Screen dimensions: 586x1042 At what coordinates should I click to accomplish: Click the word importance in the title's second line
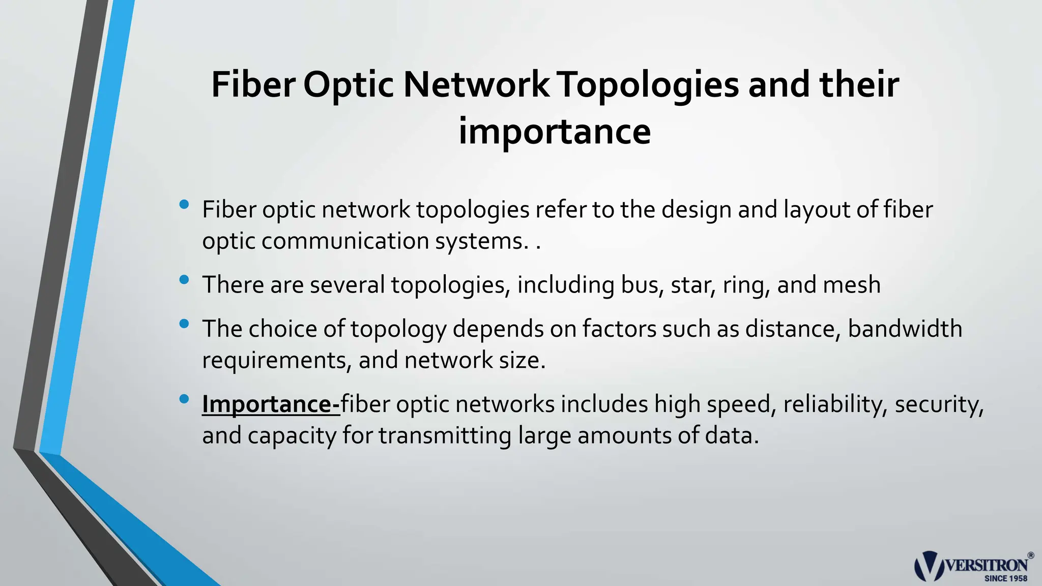coord(555,131)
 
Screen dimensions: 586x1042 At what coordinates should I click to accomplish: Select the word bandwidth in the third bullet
coord(905,329)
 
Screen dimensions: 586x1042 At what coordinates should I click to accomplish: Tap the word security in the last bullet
coord(939,405)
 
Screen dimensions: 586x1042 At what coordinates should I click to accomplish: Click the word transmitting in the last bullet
coord(445,436)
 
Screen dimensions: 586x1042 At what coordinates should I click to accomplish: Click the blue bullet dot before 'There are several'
coord(184,279)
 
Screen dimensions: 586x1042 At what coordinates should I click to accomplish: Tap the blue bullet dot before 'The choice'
coord(184,324)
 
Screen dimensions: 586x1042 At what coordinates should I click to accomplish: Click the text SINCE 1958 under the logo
coord(1005,578)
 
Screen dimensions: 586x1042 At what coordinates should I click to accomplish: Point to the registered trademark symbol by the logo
coord(1031,555)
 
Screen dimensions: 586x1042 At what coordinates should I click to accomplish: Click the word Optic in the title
coord(348,85)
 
